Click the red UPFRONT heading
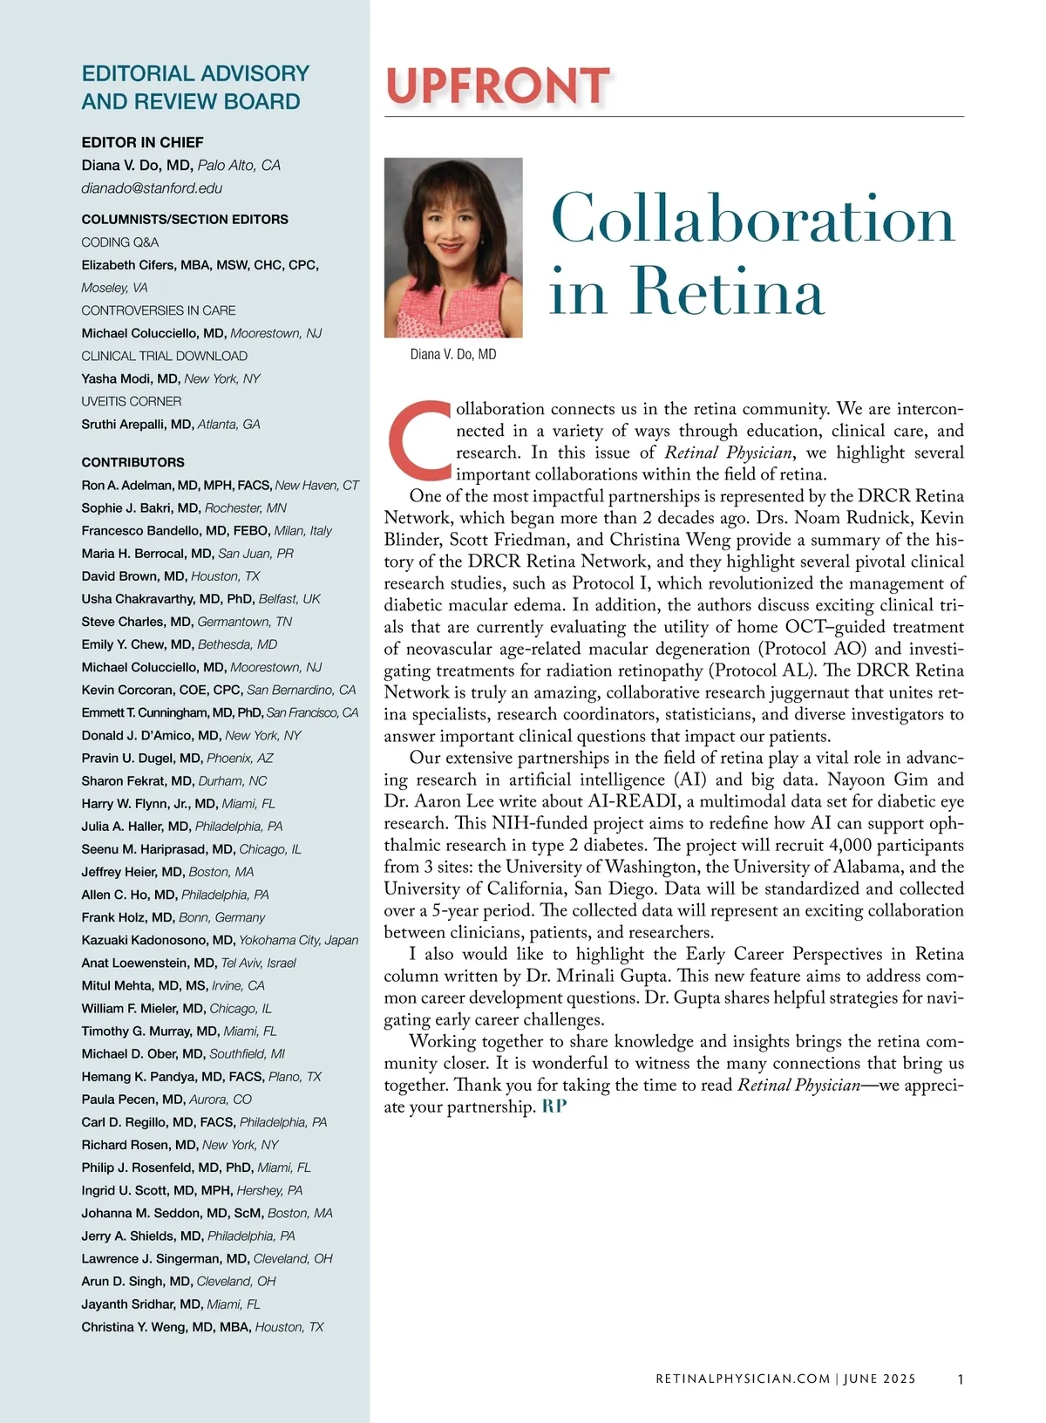pos(497,86)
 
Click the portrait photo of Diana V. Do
pos(453,248)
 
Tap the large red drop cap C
pos(419,441)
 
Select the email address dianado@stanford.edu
pos(152,188)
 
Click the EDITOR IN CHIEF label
pos(142,142)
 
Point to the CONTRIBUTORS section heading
pos(132,462)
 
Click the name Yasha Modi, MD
pos(131,378)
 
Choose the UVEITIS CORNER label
pos(132,401)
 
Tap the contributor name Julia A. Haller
pos(136,827)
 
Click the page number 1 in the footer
pos(960,1379)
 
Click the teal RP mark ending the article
pos(554,1107)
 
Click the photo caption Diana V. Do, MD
pos(453,355)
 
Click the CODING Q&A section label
pos(120,242)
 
